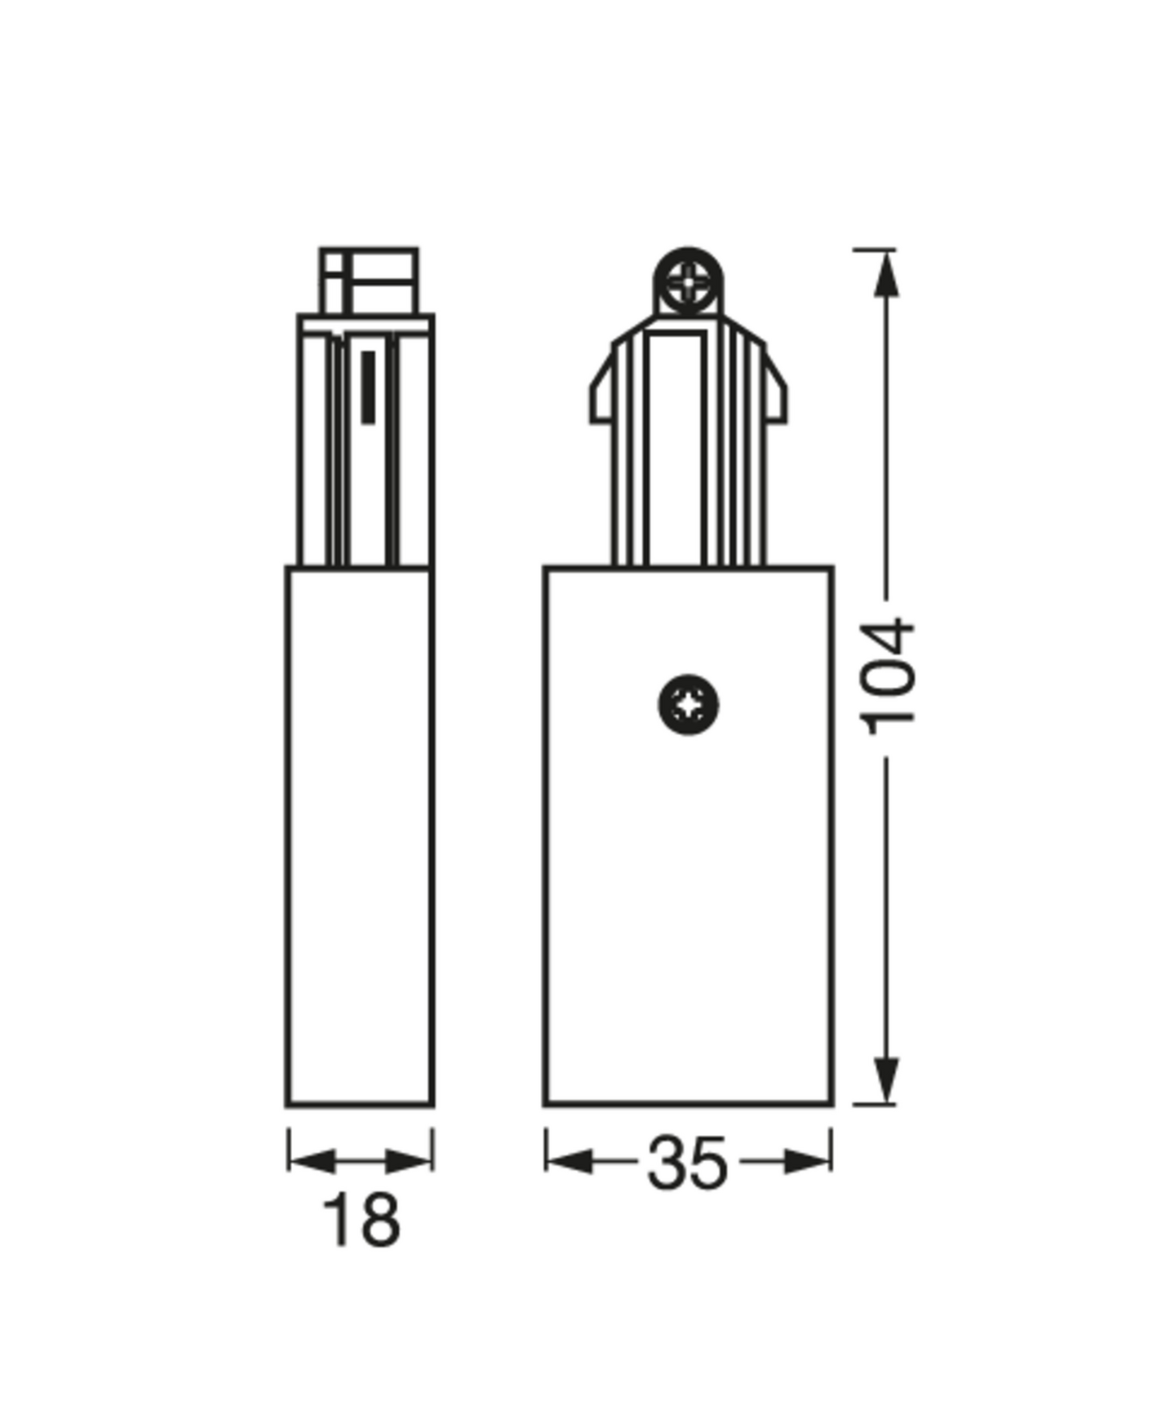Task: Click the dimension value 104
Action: [x=889, y=676]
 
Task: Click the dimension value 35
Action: [x=686, y=1164]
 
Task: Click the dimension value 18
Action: [x=361, y=1221]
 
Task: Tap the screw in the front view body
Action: [x=688, y=704]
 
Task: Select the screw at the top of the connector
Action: [x=688, y=283]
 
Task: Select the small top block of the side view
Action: [x=369, y=281]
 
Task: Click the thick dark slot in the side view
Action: [x=368, y=387]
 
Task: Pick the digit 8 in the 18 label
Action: [x=379, y=1221]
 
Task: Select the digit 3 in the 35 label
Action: [x=667, y=1164]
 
